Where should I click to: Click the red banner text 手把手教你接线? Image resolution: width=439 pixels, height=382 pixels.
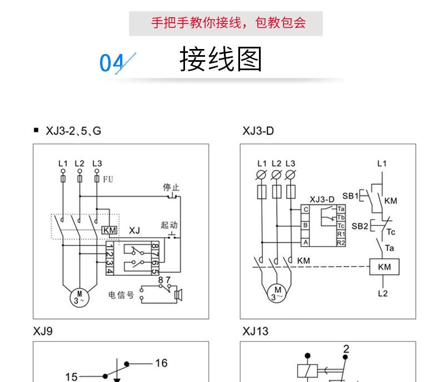click(x=228, y=23)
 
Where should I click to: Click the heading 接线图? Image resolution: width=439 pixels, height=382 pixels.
click(x=221, y=59)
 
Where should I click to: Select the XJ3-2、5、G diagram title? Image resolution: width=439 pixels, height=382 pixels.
click(x=74, y=131)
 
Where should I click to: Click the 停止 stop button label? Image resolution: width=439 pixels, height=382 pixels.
click(x=171, y=188)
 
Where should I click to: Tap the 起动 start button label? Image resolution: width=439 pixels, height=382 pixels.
click(x=169, y=225)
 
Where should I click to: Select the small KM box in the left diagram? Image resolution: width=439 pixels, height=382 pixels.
click(x=109, y=231)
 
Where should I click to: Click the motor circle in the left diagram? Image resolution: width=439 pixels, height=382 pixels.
click(x=79, y=296)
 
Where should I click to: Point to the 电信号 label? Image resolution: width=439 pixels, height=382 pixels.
click(x=121, y=295)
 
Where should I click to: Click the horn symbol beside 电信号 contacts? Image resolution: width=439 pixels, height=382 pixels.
click(x=178, y=295)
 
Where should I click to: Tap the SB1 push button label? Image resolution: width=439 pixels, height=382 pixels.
click(x=350, y=196)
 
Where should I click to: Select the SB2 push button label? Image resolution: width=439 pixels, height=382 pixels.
click(x=360, y=226)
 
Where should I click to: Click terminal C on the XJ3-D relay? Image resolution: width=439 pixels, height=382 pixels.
click(x=305, y=209)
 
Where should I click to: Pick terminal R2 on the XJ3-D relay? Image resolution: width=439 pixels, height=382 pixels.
click(x=341, y=243)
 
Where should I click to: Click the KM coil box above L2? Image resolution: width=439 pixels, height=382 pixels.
click(x=384, y=267)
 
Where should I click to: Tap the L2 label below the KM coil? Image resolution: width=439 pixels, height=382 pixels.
click(x=382, y=293)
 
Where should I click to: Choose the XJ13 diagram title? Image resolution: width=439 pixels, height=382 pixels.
click(x=255, y=331)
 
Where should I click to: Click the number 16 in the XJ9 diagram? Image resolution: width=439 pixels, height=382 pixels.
click(x=161, y=363)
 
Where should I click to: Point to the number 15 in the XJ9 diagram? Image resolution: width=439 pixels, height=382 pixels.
click(x=71, y=377)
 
